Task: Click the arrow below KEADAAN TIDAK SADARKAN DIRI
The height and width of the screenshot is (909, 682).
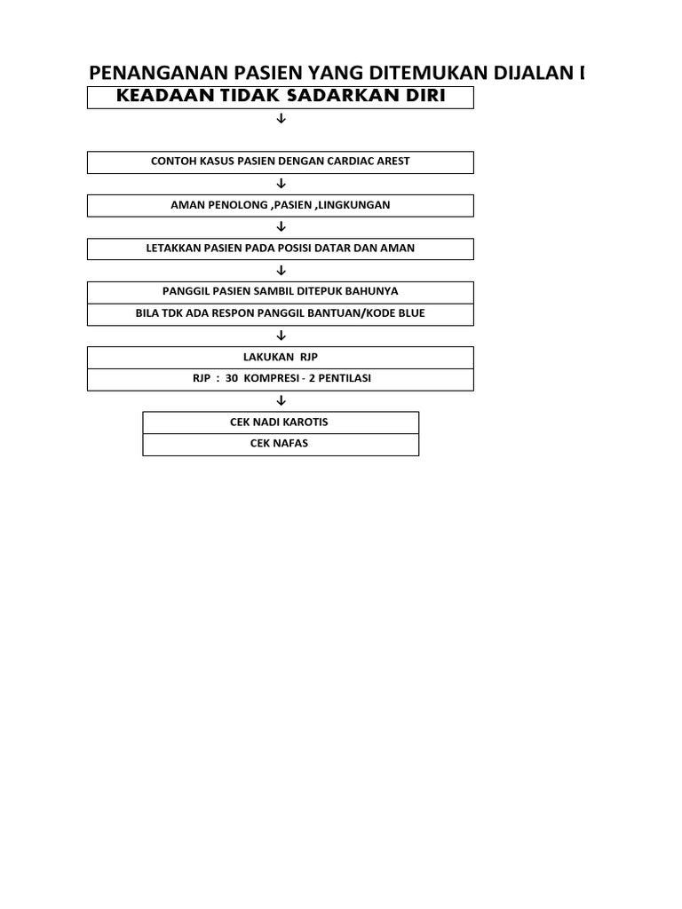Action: (282, 118)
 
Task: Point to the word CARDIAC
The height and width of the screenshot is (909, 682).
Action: (351, 162)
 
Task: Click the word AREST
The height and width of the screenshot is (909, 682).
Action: (393, 162)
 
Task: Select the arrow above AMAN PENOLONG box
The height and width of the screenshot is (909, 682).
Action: (282, 184)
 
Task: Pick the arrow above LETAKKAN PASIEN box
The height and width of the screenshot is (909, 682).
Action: (282, 226)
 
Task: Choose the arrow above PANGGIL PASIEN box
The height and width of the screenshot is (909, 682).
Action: (282, 270)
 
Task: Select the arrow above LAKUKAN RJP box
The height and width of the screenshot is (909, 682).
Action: (282, 336)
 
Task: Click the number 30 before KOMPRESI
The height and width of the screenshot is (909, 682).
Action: (232, 378)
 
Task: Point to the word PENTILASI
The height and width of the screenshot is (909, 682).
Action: (345, 378)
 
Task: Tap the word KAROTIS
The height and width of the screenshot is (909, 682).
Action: (305, 422)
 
